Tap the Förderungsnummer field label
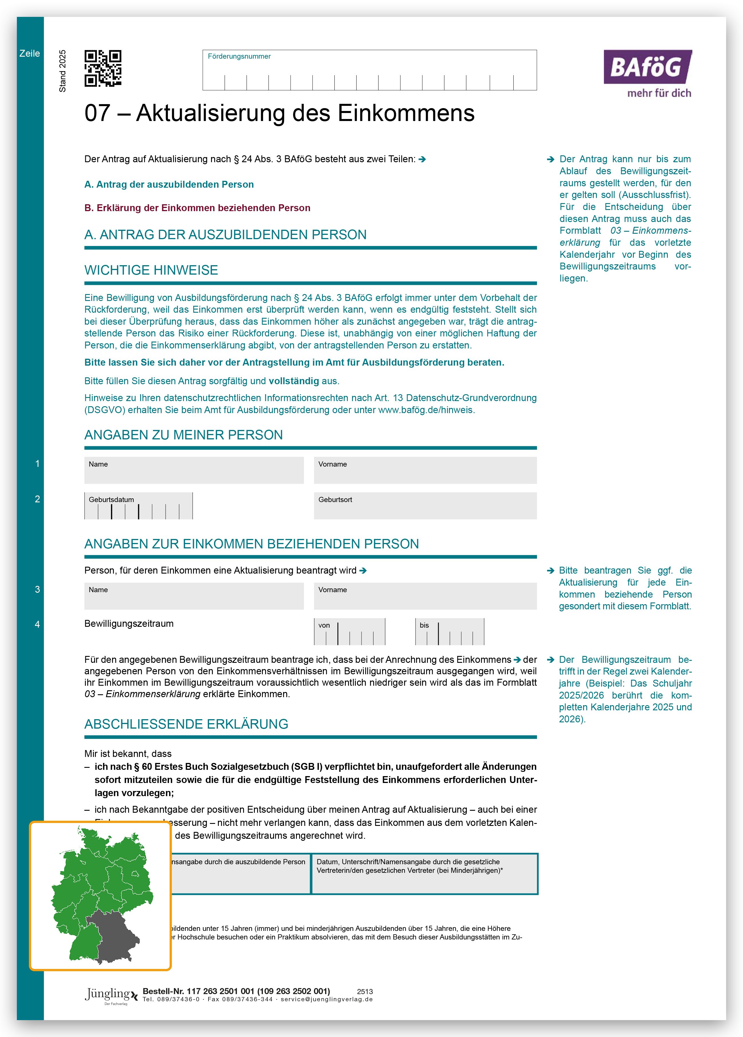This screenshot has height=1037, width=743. [x=239, y=56]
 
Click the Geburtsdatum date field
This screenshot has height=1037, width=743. [x=138, y=506]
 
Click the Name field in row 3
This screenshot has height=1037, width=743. [x=194, y=596]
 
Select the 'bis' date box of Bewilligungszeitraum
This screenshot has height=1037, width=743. [x=450, y=631]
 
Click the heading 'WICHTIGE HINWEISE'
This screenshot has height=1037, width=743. [x=151, y=270]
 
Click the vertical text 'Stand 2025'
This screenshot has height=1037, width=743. [x=63, y=71]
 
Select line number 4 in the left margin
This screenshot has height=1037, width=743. [x=37, y=624]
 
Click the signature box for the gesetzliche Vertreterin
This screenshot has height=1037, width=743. [x=424, y=874]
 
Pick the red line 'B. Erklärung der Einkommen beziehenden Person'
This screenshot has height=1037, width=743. [x=197, y=208]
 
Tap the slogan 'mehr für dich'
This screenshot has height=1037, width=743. [x=659, y=93]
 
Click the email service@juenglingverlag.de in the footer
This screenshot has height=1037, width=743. [x=327, y=1000]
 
